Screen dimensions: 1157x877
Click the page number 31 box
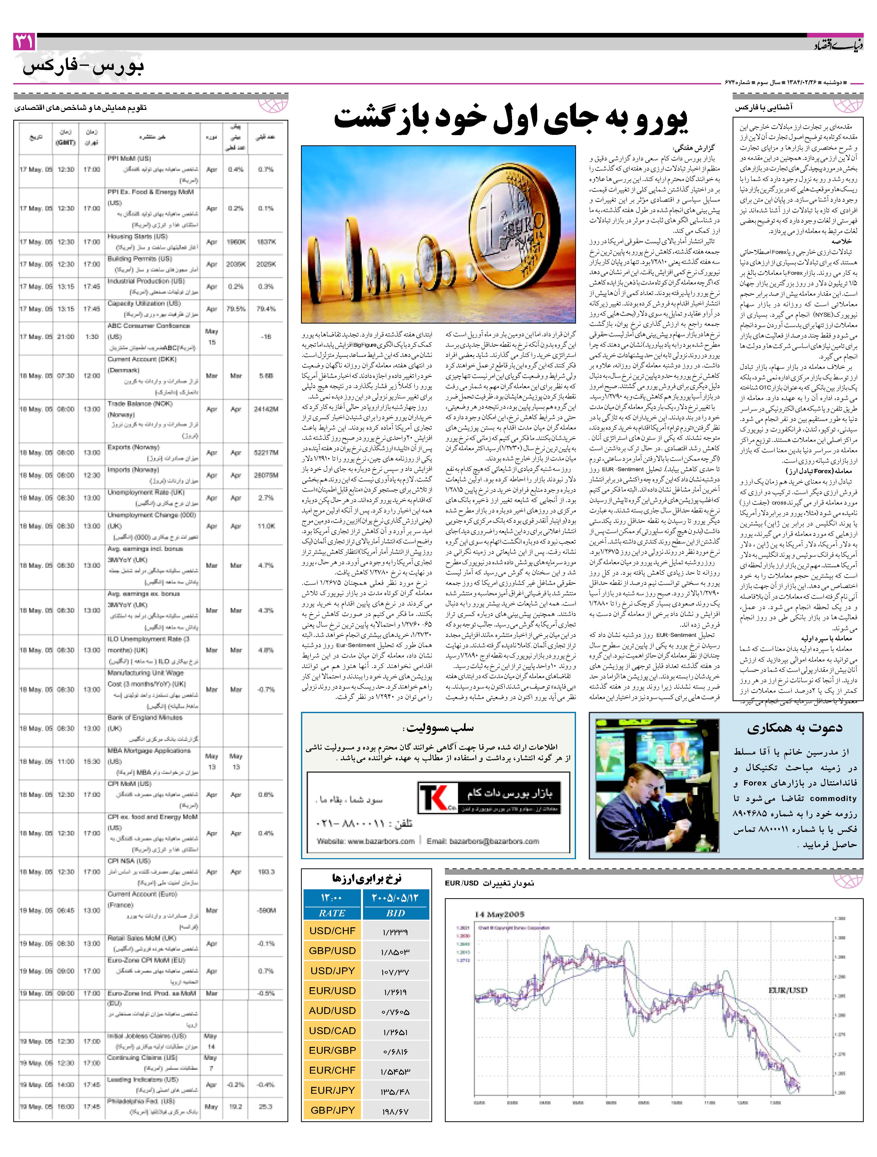tap(24, 42)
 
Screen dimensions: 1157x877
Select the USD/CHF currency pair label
tap(332, 931)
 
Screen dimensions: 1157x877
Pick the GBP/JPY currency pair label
tap(332, 1110)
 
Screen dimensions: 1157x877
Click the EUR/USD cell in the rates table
tap(332, 990)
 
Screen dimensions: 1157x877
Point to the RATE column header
tap(332, 913)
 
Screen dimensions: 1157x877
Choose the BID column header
tap(396, 913)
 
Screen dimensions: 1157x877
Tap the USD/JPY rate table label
tap(332, 970)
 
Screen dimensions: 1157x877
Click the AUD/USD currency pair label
tap(332, 1010)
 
